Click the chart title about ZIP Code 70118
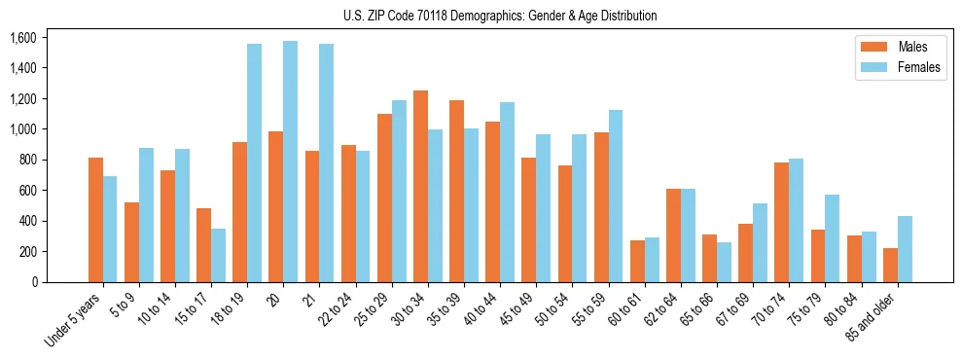[500, 16]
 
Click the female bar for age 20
[290, 162]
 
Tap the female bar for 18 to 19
[254, 162]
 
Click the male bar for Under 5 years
[95, 220]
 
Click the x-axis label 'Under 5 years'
[74, 321]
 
